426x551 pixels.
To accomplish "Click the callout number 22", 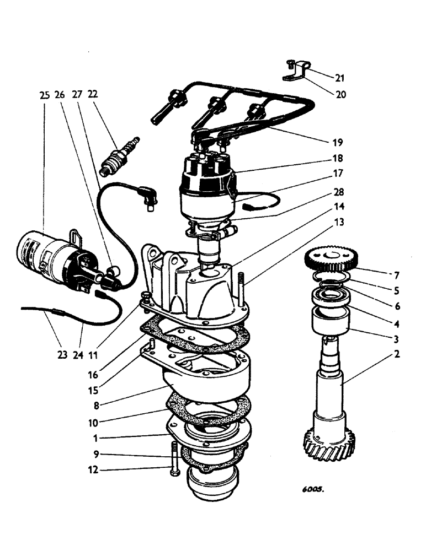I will [x=93, y=95].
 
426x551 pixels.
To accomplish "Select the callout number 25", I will [x=44, y=95].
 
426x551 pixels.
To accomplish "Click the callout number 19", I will [x=338, y=142].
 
